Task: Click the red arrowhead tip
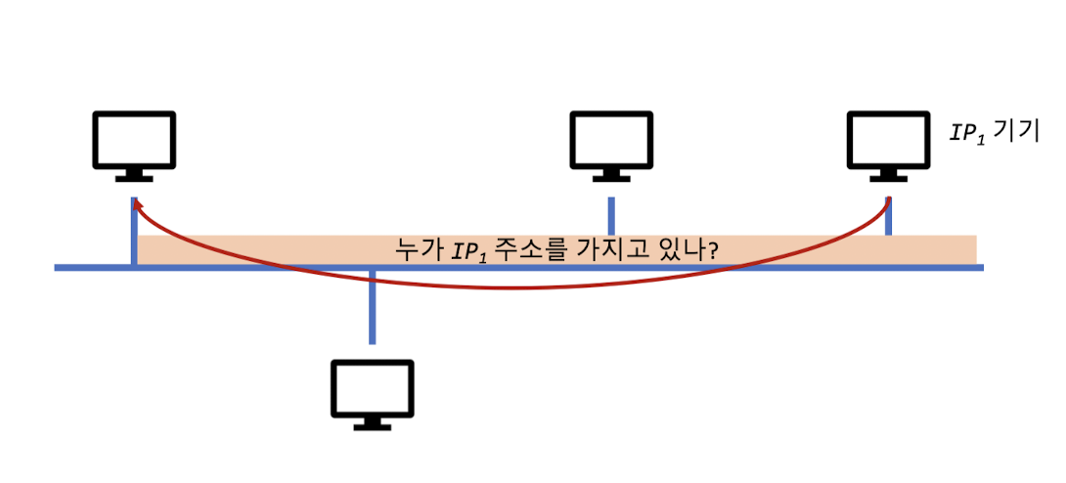pos(134,201)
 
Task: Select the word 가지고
pos(608,250)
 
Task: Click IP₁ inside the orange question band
pos(469,251)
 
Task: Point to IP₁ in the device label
pos(967,131)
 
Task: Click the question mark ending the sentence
pos(715,250)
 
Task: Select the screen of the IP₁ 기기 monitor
pos(888,138)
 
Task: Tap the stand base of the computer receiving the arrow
pos(133,178)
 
